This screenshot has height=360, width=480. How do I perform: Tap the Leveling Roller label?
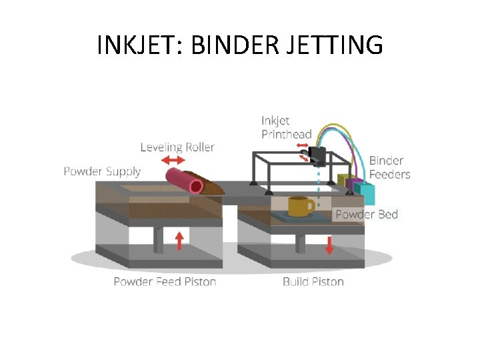(x=177, y=147)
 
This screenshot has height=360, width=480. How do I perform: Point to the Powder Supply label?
(x=102, y=171)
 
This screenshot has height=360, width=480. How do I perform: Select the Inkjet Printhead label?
(x=286, y=127)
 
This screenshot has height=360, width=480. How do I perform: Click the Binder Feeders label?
(x=389, y=167)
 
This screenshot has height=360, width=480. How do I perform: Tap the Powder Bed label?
(x=366, y=214)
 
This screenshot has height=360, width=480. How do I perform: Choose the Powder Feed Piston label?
(x=165, y=281)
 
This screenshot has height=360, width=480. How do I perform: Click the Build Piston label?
(x=313, y=281)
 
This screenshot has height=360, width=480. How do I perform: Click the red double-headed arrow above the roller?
(x=173, y=160)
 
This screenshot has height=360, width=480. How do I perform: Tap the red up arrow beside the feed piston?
(x=179, y=239)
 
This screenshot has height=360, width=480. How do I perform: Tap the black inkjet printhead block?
(x=315, y=157)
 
